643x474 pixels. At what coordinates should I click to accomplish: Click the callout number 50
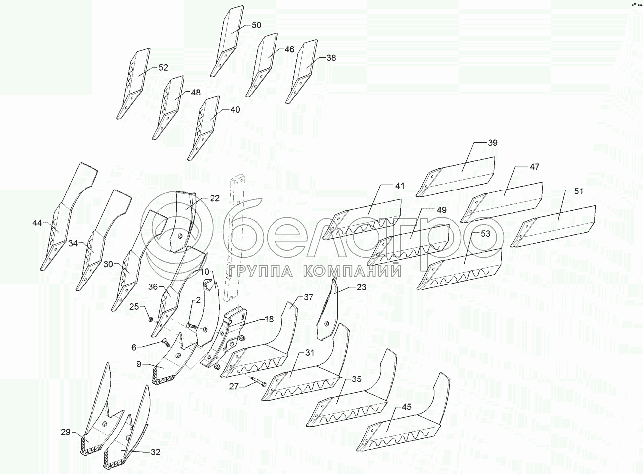(x=256, y=25)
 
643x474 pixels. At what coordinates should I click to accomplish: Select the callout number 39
(x=492, y=143)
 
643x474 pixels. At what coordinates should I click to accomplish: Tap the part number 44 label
(x=37, y=223)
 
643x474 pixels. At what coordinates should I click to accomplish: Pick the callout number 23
(x=361, y=287)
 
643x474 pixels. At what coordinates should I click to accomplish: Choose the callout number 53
(x=485, y=233)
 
